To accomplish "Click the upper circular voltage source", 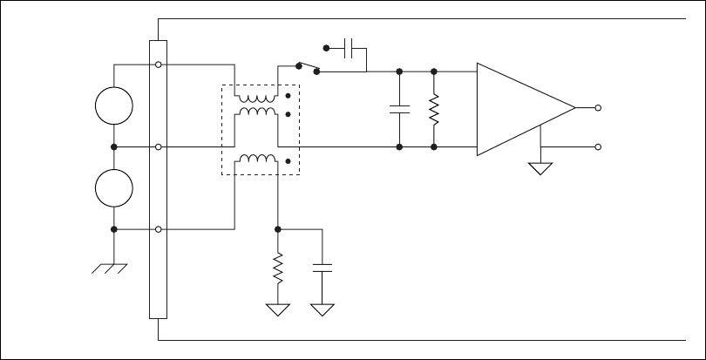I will point(115,106).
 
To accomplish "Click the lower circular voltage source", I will point(115,188).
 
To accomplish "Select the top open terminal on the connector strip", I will point(158,65).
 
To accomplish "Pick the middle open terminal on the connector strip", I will point(158,147).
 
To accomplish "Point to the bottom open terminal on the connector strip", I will point(158,230).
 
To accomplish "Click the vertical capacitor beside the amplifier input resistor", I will point(399,109).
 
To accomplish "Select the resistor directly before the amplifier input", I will point(433,109).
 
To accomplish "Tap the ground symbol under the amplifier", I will point(541,167).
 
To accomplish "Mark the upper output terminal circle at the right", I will point(597,108).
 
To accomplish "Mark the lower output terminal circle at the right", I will point(597,147).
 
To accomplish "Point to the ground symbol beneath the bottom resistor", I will point(277,309).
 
